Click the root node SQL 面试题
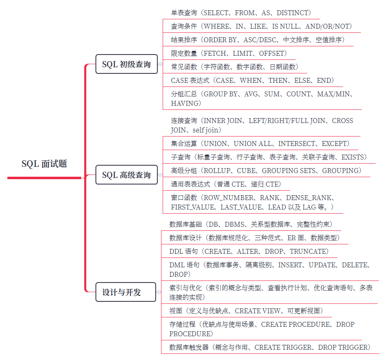44,164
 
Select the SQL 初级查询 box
126,64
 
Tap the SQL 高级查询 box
126,175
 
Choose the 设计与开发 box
122,292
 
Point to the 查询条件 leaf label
184,27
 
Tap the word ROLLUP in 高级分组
217,171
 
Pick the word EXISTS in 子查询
354,157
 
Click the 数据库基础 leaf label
186,224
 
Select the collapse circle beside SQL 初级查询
160,64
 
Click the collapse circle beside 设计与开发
159,292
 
